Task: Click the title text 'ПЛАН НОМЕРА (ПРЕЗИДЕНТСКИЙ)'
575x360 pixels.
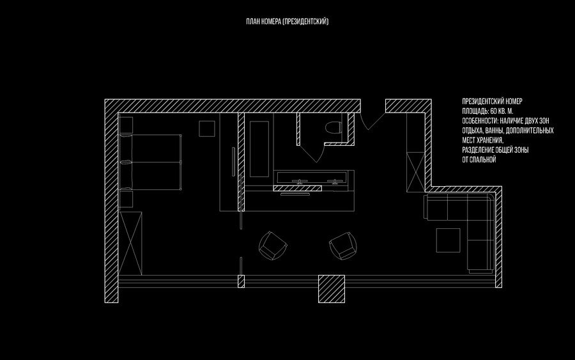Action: pyautogui.click(x=287, y=22)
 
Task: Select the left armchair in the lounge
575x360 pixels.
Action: pyautogui.click(x=273, y=246)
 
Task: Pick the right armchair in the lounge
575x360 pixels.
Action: pyautogui.click(x=343, y=245)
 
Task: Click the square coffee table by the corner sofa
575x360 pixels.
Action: pyautogui.click(x=448, y=240)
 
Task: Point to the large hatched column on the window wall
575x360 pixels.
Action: pyautogui.click(x=332, y=288)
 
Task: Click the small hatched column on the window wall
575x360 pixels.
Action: pyautogui.click(x=241, y=281)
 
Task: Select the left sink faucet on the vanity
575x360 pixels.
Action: pyautogui.click(x=298, y=181)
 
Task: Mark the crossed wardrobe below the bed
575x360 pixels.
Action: pyautogui.click(x=130, y=243)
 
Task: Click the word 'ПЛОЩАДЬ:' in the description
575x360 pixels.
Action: pyautogui.click(x=475, y=111)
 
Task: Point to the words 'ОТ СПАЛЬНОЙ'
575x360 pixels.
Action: pyautogui.click(x=479, y=159)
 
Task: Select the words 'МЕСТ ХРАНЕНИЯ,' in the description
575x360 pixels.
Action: pyautogui.click(x=482, y=139)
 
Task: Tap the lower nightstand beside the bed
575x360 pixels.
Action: pyautogui.click(x=125, y=199)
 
